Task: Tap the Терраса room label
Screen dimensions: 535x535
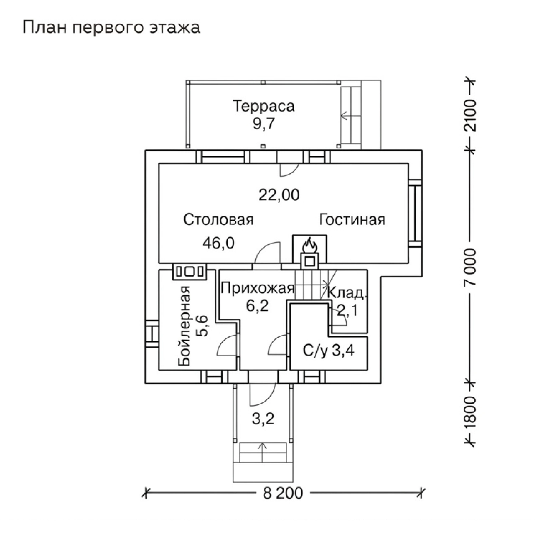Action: click(264, 106)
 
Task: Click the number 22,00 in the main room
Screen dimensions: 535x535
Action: click(279, 195)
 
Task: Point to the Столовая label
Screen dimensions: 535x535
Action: click(218, 220)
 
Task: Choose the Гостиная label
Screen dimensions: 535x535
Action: click(352, 220)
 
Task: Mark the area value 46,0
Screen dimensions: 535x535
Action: click(218, 243)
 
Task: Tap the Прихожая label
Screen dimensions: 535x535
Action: click(258, 288)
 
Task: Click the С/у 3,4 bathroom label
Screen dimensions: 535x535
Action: click(328, 351)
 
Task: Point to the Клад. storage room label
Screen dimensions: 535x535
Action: click(347, 293)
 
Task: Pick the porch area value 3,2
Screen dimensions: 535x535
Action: click(263, 419)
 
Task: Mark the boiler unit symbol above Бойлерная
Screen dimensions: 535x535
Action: click(189, 272)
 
